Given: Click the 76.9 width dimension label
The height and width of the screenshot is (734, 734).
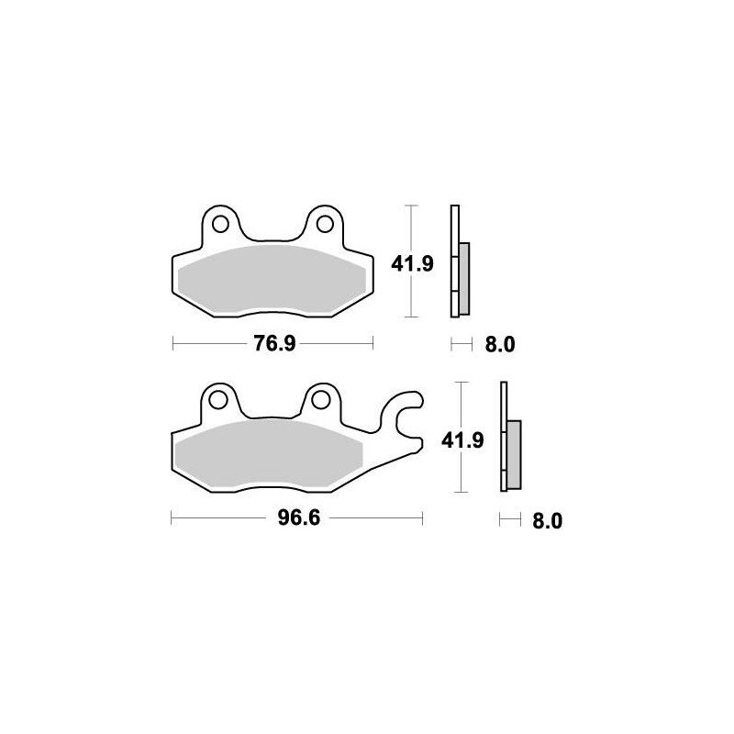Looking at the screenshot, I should [273, 345].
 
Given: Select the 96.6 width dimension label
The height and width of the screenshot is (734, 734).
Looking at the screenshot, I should [297, 520].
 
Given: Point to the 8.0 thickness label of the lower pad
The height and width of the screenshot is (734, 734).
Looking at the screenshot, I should [545, 521].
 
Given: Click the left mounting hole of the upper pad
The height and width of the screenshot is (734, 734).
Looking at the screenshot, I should [219, 223].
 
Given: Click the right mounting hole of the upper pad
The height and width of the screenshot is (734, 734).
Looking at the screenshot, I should [321, 223].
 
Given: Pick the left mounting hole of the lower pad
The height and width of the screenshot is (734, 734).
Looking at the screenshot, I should [218, 399].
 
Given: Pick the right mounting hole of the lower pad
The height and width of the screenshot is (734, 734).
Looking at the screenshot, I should [320, 399].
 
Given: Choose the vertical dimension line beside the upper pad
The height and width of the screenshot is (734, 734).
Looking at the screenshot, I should [412, 294].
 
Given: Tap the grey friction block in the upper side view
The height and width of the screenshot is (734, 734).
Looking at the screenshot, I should [464, 276].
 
